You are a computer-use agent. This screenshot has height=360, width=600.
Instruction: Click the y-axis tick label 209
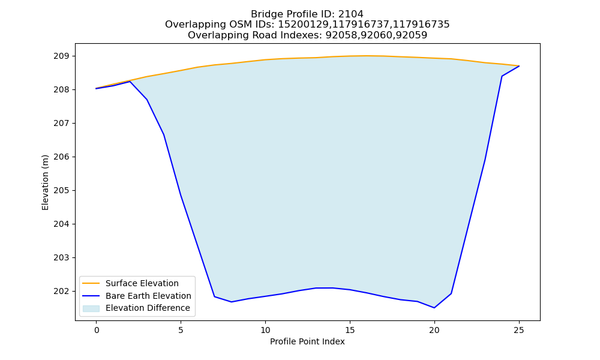(61, 56)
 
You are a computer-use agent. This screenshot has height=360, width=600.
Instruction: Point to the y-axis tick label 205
(61, 191)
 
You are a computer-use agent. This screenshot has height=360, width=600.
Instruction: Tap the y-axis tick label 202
(61, 291)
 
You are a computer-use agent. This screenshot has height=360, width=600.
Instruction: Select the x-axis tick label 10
(265, 330)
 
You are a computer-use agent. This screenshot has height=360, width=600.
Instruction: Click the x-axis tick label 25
(519, 330)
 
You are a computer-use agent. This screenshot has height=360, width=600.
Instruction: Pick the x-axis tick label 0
(97, 330)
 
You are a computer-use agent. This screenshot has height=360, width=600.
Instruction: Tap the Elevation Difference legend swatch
(91, 308)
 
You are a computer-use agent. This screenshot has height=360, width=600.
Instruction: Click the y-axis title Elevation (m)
(45, 182)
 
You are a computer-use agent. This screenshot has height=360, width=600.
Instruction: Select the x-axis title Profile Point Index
(307, 341)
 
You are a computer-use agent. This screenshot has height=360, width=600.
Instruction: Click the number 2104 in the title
(351, 14)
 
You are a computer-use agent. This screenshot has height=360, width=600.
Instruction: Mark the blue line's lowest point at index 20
(434, 308)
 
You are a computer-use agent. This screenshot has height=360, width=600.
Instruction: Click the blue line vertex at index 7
(215, 296)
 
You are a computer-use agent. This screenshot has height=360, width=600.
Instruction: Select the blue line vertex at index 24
(502, 76)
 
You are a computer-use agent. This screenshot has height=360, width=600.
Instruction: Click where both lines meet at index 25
(519, 66)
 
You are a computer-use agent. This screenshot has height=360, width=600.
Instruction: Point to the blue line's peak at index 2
(130, 82)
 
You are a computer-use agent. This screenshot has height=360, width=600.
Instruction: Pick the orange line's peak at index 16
(367, 56)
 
